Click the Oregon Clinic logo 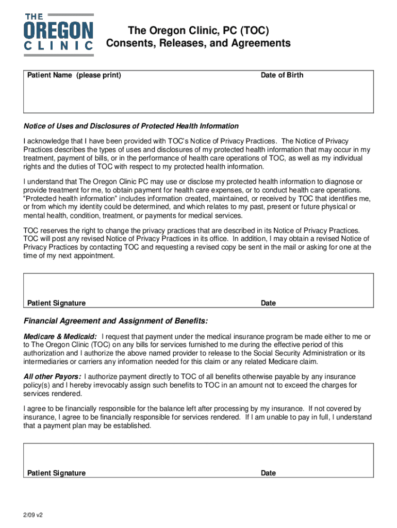(59, 32)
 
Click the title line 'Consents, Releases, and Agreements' (198, 43)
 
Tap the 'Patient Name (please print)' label (74, 75)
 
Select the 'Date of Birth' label (282, 75)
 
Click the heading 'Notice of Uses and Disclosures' (131, 126)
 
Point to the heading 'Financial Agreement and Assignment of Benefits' (115, 321)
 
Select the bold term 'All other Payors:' (52, 376)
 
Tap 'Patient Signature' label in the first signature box (56, 303)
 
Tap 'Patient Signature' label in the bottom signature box (56, 473)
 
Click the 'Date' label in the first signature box (268, 303)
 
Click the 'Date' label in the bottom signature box (268, 473)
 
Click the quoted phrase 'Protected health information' (70, 199)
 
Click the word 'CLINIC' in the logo (59, 46)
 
